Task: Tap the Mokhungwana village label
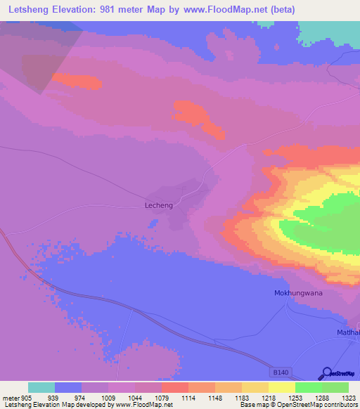[297, 292]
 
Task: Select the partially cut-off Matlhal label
[347, 332]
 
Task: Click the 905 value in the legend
[27, 396]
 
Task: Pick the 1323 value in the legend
[349, 396]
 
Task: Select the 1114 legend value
[188, 396]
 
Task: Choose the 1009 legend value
[108, 396]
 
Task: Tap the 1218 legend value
[269, 396]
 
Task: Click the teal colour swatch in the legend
[41, 387]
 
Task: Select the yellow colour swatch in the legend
[282, 387]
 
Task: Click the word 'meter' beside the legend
[11, 396]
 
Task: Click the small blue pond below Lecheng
[153, 223]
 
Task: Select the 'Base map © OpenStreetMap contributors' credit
[297, 405]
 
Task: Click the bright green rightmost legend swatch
[335, 387]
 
